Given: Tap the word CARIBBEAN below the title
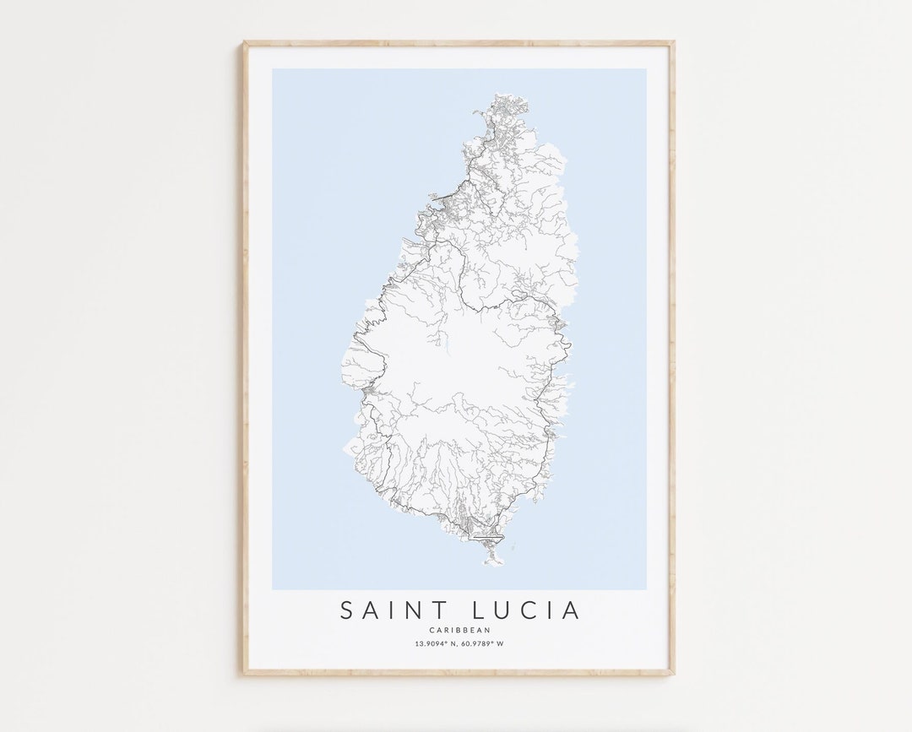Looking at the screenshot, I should pos(459,630).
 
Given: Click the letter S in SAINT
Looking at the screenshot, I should pos(346,610).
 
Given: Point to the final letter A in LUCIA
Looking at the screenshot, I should pos(573,610).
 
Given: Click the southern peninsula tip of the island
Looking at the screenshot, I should pos(491,562).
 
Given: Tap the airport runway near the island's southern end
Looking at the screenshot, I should pos(487,536).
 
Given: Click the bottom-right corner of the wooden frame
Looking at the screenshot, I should pos(674,675).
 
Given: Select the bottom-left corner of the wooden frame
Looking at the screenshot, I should pos(243,675).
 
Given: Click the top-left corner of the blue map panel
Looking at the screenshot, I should pos(273,69).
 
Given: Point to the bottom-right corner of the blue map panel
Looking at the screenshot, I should pos(646,589).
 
